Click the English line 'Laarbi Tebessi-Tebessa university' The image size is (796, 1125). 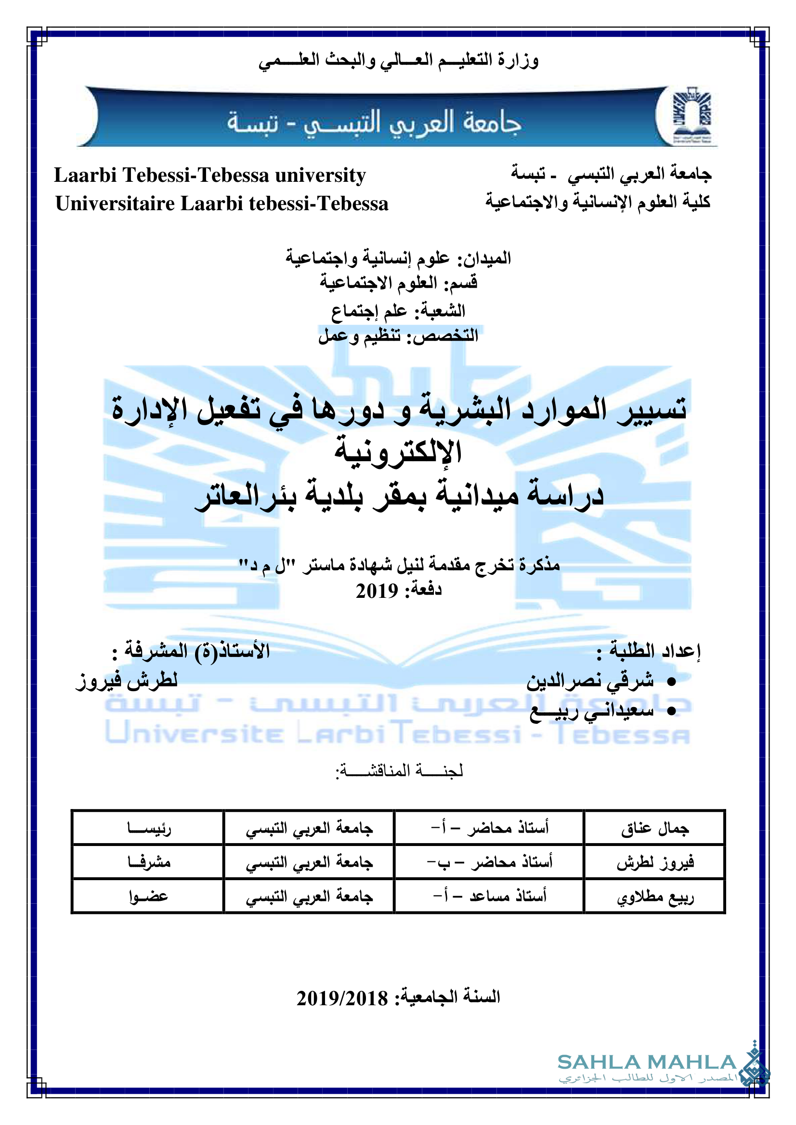(x=210, y=175)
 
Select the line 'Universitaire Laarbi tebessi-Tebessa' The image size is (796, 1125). (x=222, y=203)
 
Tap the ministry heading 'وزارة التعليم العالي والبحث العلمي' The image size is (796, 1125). (x=398, y=61)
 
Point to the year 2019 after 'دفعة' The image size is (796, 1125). (x=377, y=592)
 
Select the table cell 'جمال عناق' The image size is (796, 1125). (x=655, y=829)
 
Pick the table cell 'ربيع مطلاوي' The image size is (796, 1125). (x=655, y=897)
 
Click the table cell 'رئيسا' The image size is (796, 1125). (x=149, y=829)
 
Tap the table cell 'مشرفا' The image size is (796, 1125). (x=149, y=862)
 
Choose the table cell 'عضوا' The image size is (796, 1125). (x=149, y=897)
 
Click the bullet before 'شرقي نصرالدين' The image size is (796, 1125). (x=671, y=682)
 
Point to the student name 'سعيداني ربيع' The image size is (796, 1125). (x=592, y=711)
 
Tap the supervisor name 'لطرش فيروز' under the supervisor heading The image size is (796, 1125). (x=127, y=681)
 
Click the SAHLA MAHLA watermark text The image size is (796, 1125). (x=646, y=1062)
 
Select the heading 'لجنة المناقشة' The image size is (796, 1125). (x=399, y=771)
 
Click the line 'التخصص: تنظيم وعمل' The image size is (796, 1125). (x=398, y=336)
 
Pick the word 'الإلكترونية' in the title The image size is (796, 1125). (x=398, y=451)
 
